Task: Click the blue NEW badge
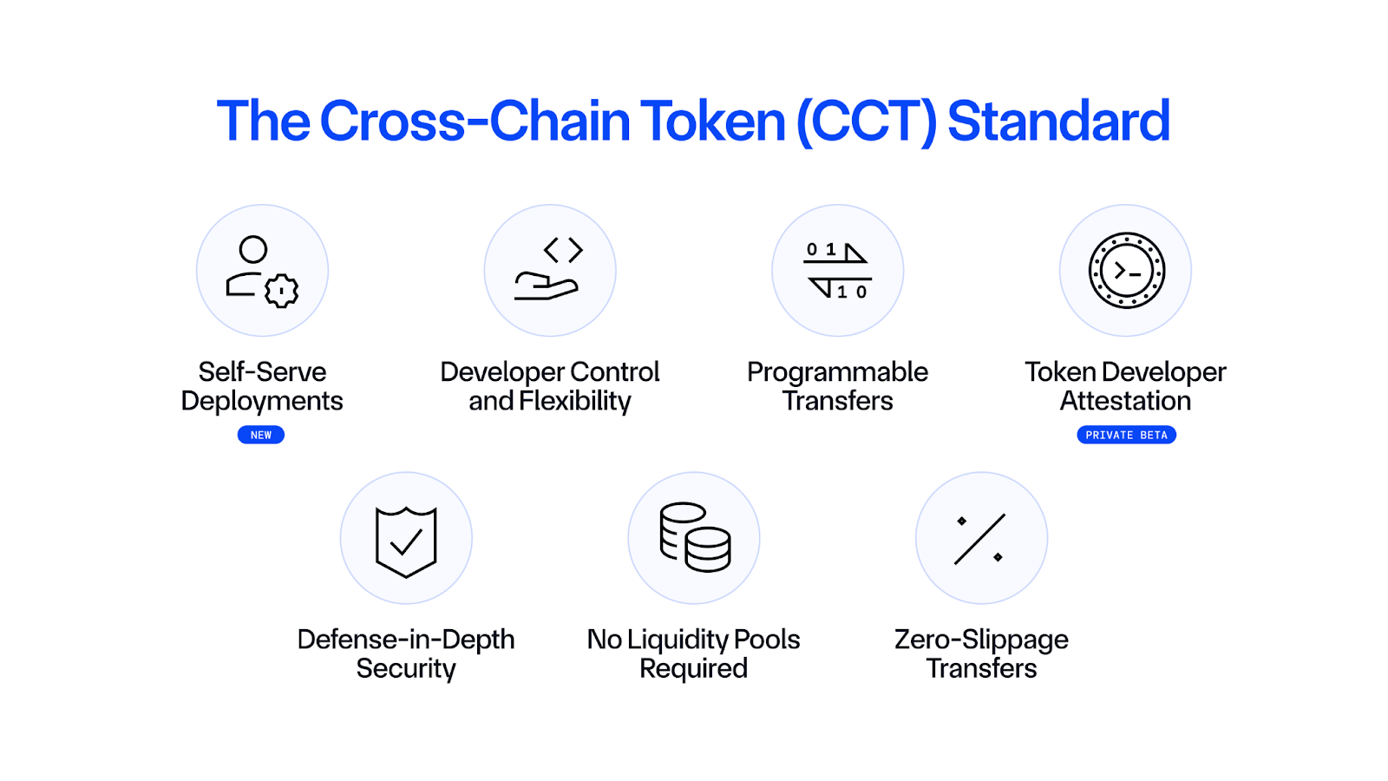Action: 261,435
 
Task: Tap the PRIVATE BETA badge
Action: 1126,435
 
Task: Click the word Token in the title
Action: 712,121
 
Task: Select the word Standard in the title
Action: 1058,121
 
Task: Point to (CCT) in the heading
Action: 867,121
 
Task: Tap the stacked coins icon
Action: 694,538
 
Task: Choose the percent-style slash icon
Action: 980,539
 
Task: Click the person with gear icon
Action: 262,271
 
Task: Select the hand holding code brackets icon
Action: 550,271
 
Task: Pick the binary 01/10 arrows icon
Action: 838,271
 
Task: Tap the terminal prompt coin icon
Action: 1126,271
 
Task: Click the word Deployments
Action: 262,401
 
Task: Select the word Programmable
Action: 838,372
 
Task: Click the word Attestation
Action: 1126,401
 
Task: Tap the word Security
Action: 406,668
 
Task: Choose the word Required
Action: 694,668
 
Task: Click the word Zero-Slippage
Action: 981,640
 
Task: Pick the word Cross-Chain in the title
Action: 475,121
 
